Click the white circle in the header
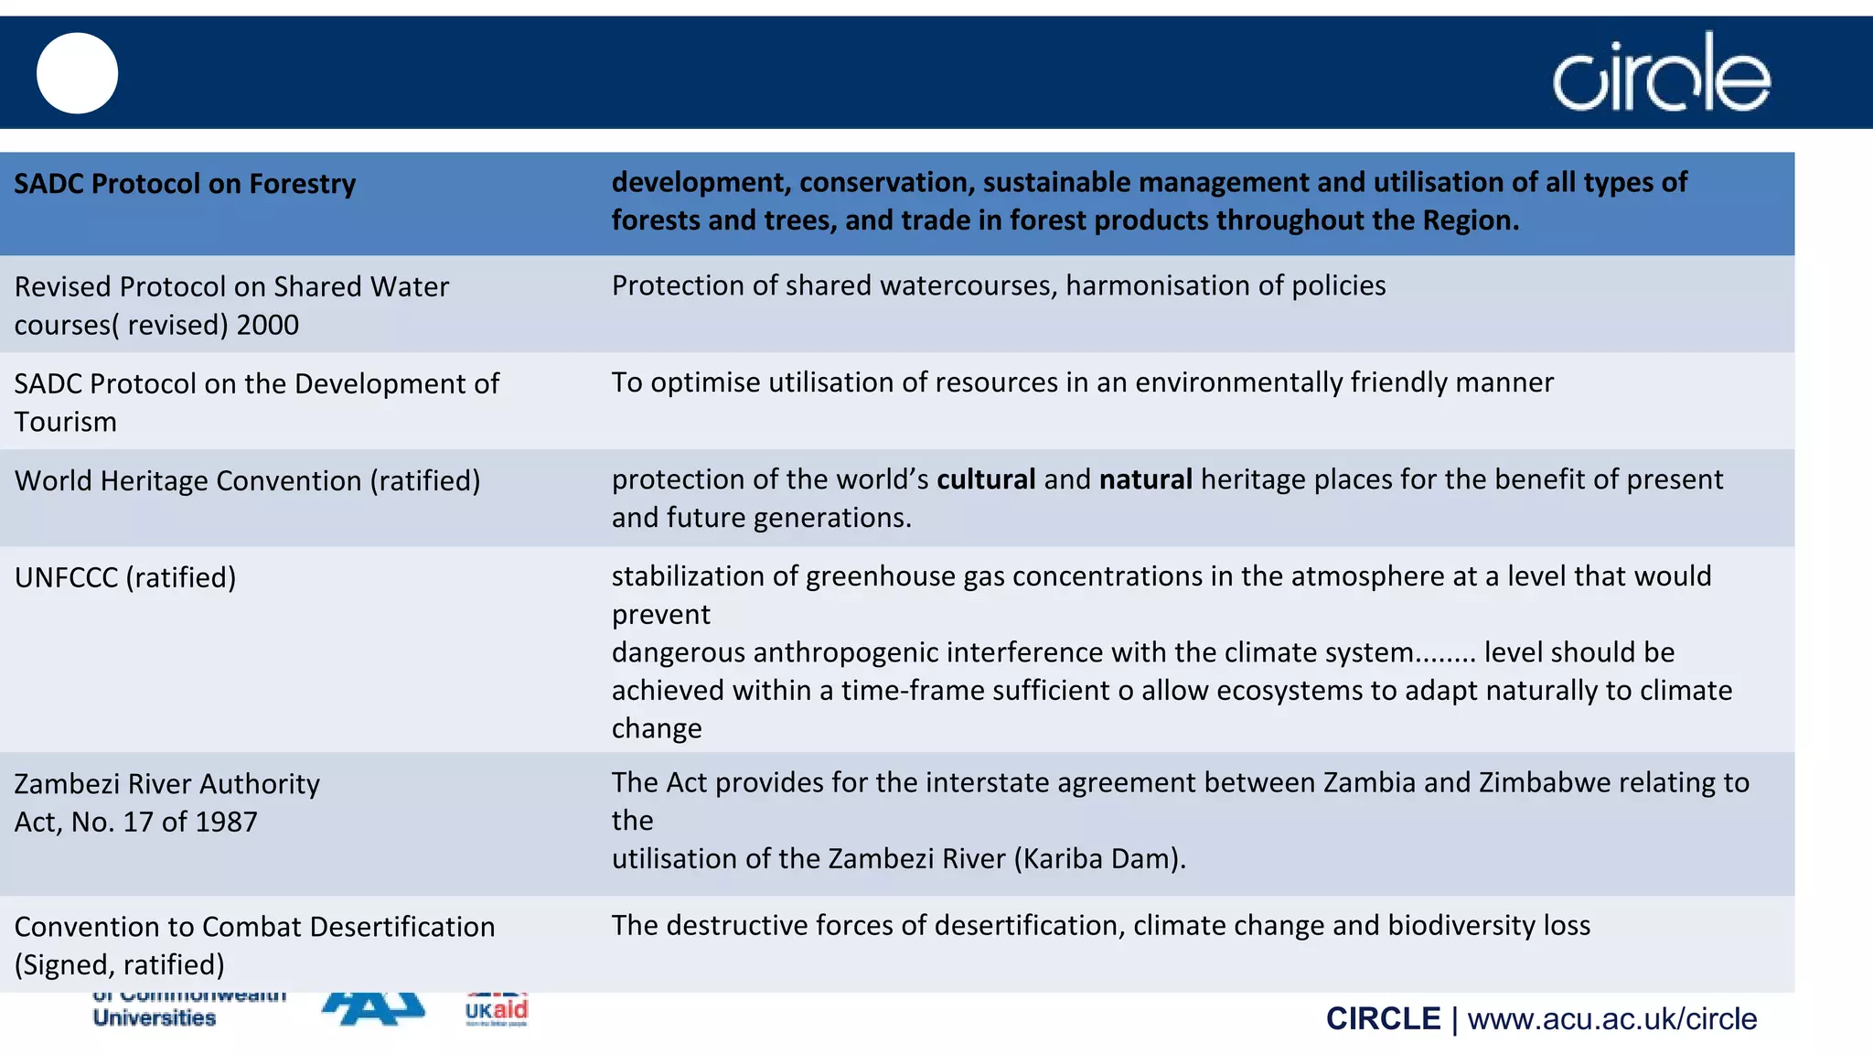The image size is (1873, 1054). pyautogui.click(x=77, y=73)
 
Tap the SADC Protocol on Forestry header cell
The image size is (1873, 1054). pyautogui.click(x=185, y=184)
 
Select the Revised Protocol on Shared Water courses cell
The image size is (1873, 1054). pyautogui.click(x=231, y=305)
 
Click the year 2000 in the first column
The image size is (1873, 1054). pyautogui.click(x=268, y=325)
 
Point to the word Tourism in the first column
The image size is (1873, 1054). pyautogui.click(x=66, y=422)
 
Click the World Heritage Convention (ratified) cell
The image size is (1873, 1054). pyautogui.click(x=247, y=480)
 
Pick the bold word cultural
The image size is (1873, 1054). pyautogui.click(x=986, y=479)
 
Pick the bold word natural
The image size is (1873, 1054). pyautogui.click(x=1145, y=479)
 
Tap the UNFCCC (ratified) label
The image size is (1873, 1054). pyautogui.click(x=125, y=577)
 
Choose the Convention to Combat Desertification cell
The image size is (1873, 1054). pyautogui.click(x=254, y=944)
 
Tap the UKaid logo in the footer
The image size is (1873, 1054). pyautogui.click(x=497, y=1010)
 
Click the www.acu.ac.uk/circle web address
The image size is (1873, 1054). pyautogui.click(x=1611, y=1019)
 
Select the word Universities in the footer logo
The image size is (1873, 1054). pyautogui.click(x=155, y=1017)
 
